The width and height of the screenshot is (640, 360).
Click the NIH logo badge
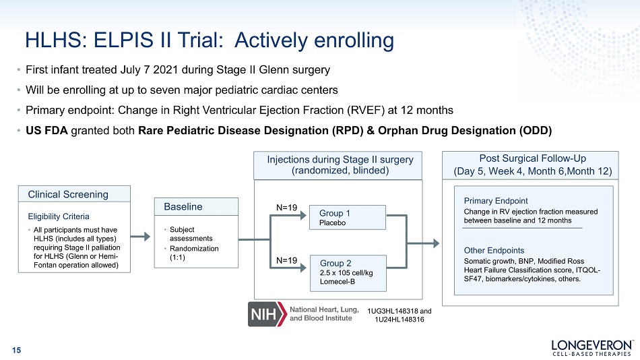pyautogui.click(x=267, y=314)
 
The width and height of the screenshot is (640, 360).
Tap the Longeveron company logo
pyautogui.click(x=592, y=348)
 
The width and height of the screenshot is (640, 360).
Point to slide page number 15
pyautogui.click(x=16, y=350)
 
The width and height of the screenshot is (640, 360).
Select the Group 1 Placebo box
pyautogui.click(x=348, y=217)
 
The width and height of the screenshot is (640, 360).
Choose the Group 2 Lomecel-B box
pyautogui.click(x=348, y=273)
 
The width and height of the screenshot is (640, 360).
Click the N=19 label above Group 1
pyautogui.click(x=286, y=208)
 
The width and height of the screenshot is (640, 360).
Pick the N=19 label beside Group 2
pyautogui.click(x=286, y=260)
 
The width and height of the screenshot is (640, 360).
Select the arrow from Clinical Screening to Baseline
pyautogui.click(x=141, y=236)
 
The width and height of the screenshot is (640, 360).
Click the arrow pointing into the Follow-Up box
pyautogui.click(x=423, y=243)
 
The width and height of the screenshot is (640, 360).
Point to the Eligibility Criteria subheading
pyautogui.click(x=59, y=216)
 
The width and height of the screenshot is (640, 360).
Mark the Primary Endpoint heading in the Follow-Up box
pyautogui.click(x=496, y=201)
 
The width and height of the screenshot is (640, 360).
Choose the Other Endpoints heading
pyautogui.click(x=494, y=251)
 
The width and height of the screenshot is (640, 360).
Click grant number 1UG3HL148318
pyautogui.click(x=393, y=311)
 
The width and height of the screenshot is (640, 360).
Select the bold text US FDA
pyautogui.click(x=46, y=131)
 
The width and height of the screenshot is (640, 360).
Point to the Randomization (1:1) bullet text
pyautogui.click(x=194, y=253)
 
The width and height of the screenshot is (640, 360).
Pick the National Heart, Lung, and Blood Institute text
pyautogui.click(x=324, y=314)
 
